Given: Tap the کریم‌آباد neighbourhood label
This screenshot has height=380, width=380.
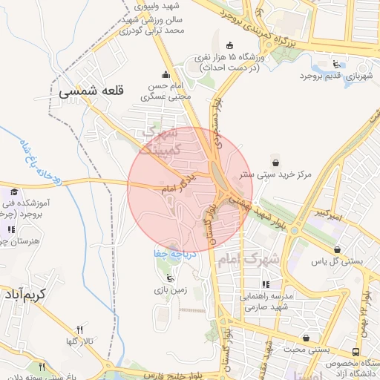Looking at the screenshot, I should (34, 295).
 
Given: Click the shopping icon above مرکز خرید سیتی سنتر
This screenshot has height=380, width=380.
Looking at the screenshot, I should (277, 163).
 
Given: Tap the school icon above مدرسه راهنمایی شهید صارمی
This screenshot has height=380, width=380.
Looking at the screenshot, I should (266, 284).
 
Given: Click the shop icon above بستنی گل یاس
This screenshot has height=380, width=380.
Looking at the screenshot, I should (338, 249).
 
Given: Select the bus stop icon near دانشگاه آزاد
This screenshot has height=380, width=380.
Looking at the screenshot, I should (357, 352).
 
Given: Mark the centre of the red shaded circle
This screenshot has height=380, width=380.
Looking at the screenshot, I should (190, 190).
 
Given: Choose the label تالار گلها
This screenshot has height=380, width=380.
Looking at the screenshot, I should (80, 341).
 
